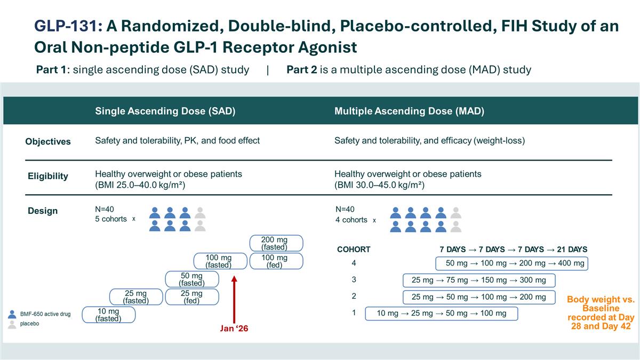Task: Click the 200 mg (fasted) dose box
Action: pos(274,243)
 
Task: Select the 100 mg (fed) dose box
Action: pos(274,261)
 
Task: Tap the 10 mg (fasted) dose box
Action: pos(108,315)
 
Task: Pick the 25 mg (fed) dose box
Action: pos(191,297)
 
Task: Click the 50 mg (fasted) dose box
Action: pos(191,279)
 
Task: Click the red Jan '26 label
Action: pos(234,329)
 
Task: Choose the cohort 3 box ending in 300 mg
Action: pos(478,280)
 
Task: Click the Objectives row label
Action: pos(48,141)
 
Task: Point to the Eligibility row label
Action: pos(48,176)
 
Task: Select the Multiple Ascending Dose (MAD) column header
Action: pos(409,111)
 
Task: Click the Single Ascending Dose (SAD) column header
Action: pos(165,111)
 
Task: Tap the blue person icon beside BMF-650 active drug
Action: pos(12,314)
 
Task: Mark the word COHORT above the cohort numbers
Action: pos(354,249)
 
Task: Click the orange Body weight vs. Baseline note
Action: pos(601,313)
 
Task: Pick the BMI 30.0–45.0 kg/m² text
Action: pos(379,185)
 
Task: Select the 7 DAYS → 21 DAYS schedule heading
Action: pos(513,249)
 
